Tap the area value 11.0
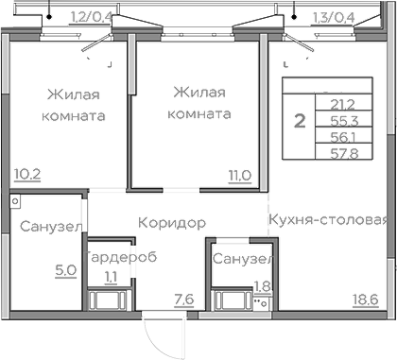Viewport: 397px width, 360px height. tap(239, 174)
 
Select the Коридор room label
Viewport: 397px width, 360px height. tap(171, 222)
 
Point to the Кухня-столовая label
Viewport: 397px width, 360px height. tap(328, 221)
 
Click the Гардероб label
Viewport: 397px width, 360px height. tap(120, 258)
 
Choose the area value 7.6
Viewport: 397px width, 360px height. tap(183, 300)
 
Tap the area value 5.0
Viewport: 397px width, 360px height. tap(65, 269)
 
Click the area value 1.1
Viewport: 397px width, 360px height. tap(112, 277)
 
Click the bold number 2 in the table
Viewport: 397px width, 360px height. tap(299, 121)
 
